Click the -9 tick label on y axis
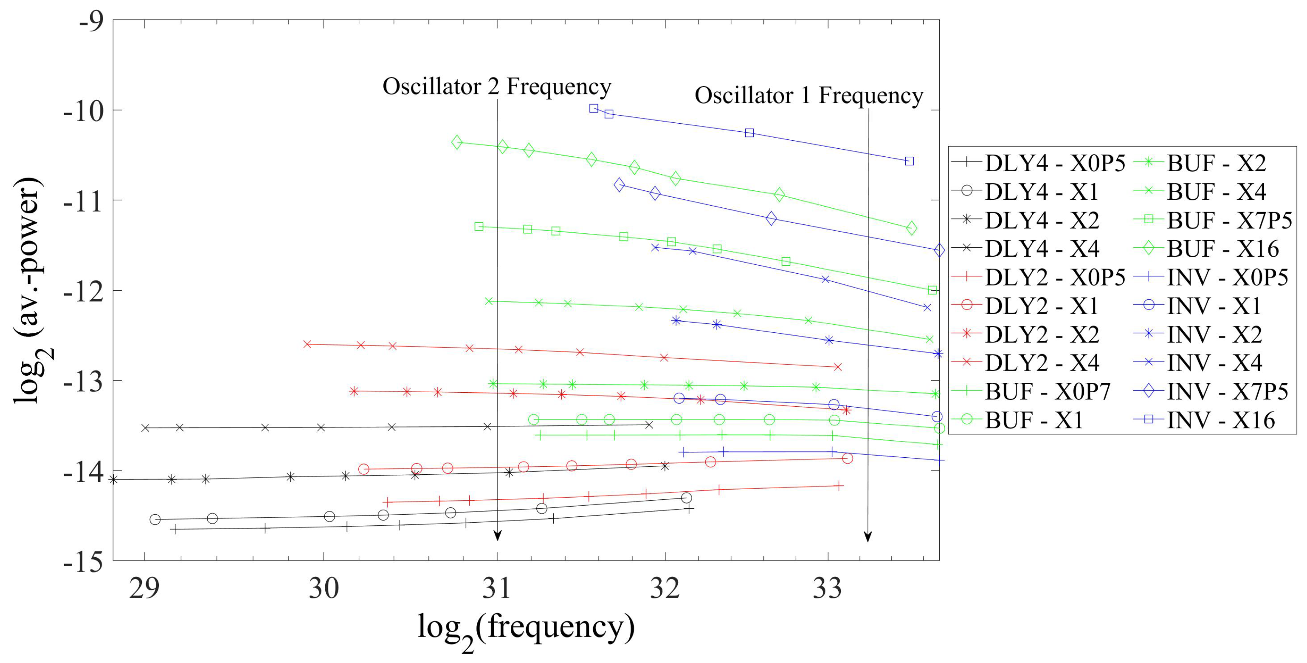coord(91,21)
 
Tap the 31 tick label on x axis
coord(497,589)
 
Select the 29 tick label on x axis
coord(145,589)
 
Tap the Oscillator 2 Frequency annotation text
coord(497,87)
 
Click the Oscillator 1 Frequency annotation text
coord(809,96)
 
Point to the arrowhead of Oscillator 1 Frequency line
coord(868,537)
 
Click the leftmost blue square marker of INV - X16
coord(594,108)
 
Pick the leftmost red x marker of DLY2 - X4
coord(307,344)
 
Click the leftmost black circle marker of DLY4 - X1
coord(155,519)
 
